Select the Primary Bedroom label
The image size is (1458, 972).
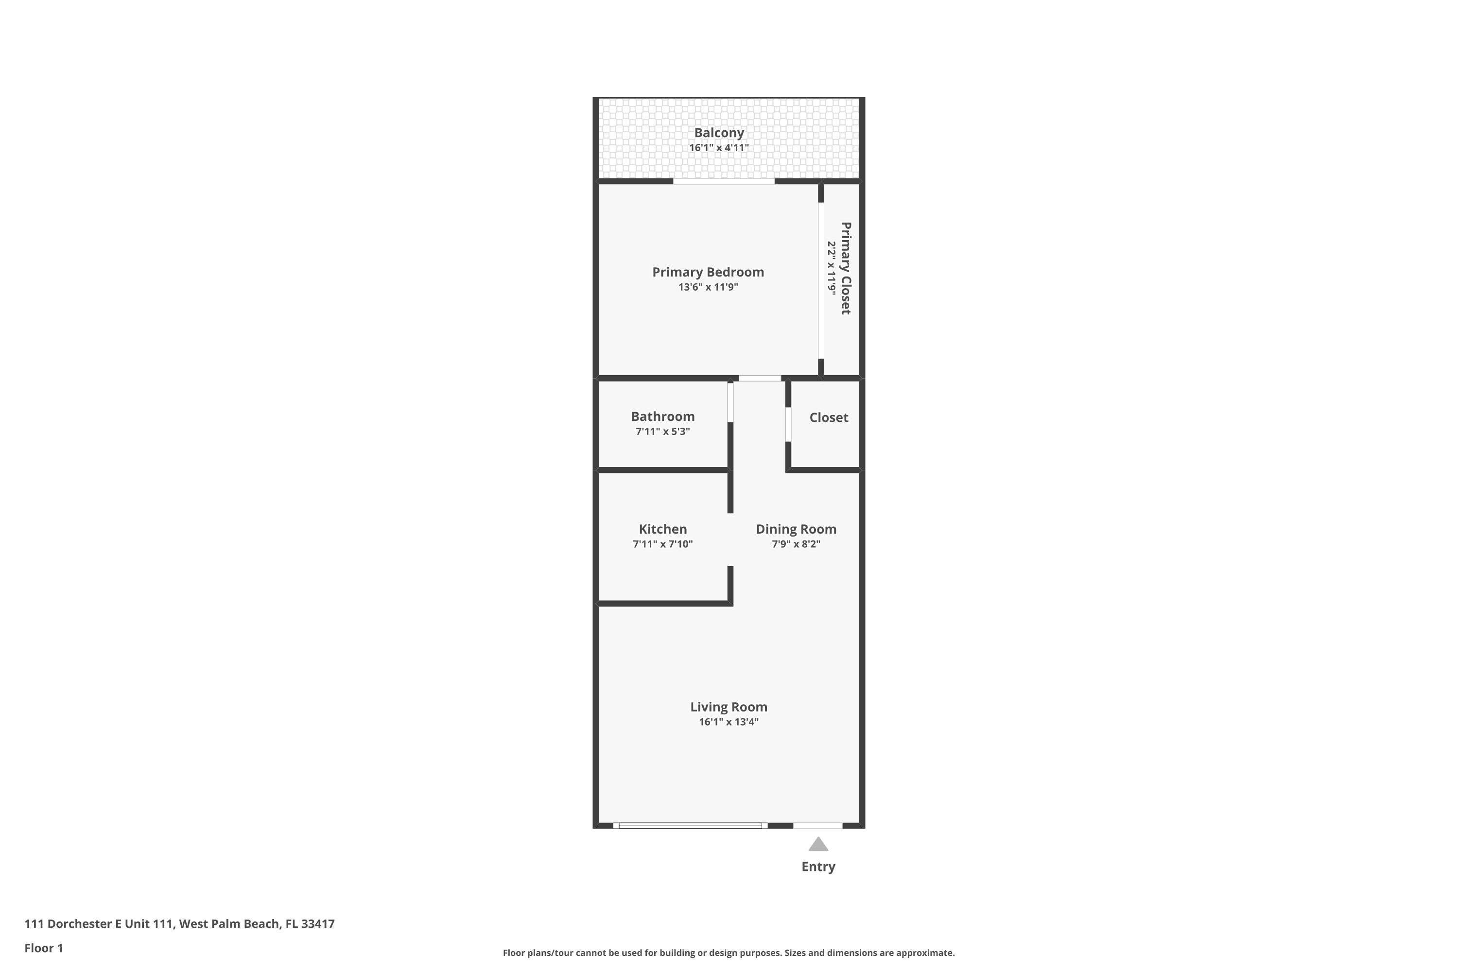[708, 272]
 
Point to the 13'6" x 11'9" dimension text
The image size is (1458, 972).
[708, 287]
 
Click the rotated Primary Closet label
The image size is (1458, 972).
[846, 268]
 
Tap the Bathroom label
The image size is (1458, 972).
[663, 417]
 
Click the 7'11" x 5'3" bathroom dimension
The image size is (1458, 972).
[663, 432]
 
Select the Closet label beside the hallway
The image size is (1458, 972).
[828, 418]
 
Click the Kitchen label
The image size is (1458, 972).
[663, 529]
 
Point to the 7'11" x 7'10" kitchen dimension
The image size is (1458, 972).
[663, 544]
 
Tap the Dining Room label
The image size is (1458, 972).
[796, 529]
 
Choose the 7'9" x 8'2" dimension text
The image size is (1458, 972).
[796, 544]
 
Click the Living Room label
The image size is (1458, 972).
[729, 707]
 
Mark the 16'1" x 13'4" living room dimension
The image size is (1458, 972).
[729, 722]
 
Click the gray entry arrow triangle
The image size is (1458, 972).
[818, 845]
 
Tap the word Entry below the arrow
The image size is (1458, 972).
[818, 867]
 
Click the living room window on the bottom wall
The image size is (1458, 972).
[690, 826]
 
